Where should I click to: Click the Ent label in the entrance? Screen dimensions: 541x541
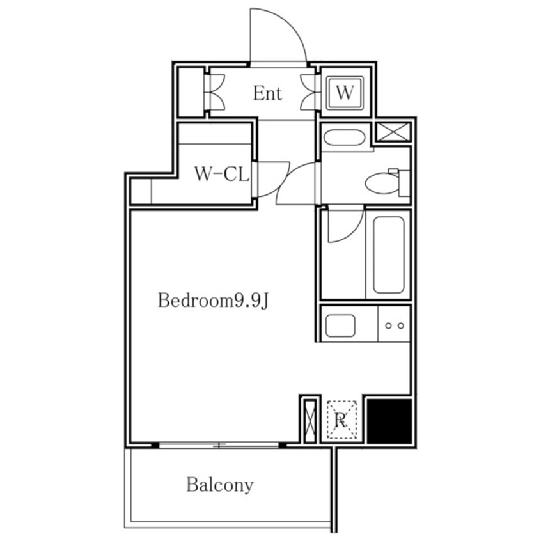click(x=267, y=93)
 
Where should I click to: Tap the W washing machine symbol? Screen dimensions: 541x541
click(x=345, y=93)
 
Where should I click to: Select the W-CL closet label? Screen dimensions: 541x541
click(x=222, y=174)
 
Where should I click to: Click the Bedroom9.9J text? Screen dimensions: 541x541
click(x=213, y=301)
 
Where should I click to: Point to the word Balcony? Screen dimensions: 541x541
click(x=220, y=485)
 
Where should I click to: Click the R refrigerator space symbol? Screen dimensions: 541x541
click(x=341, y=419)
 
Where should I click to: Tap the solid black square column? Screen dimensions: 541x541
click(x=389, y=421)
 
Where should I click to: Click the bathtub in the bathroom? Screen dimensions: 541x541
click(x=389, y=255)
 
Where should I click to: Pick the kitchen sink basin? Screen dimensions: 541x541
click(x=340, y=325)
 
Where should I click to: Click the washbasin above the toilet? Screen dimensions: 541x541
click(x=344, y=138)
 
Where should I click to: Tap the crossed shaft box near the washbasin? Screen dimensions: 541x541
click(x=393, y=132)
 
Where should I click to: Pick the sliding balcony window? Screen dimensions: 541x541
click(x=219, y=445)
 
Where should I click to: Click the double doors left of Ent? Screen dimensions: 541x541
click(x=215, y=93)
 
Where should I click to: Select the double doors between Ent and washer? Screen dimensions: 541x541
click(x=308, y=93)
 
